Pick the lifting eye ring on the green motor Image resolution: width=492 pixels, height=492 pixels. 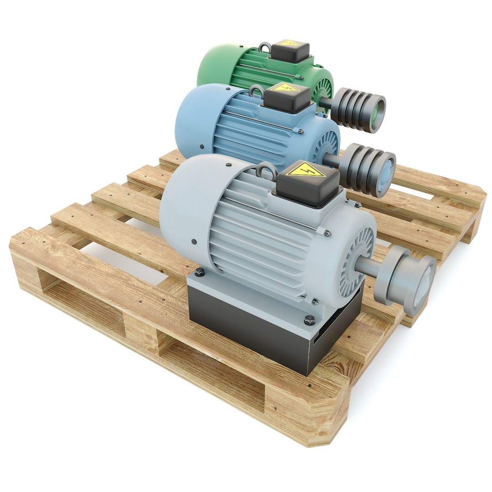[x=264, y=47]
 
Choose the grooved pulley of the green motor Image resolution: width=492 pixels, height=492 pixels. [x=358, y=109]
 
